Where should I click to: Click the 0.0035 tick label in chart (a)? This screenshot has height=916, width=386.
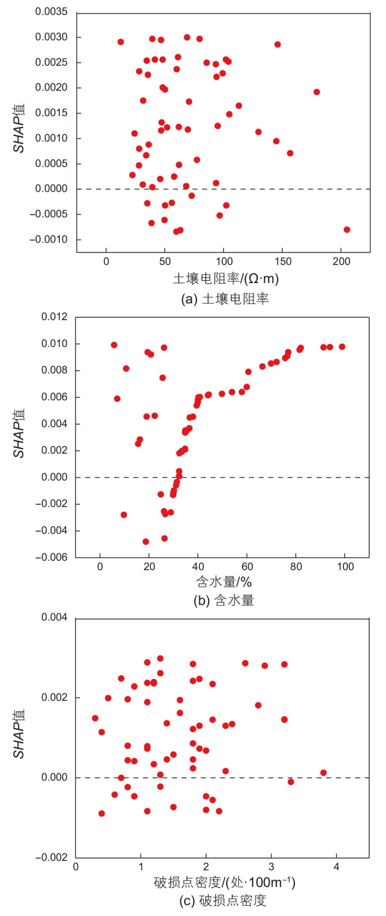click(51, 12)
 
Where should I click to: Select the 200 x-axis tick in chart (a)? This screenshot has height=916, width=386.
click(341, 261)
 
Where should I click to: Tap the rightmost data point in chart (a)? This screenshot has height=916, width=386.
click(347, 230)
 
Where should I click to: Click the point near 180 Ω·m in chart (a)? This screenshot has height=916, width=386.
click(317, 92)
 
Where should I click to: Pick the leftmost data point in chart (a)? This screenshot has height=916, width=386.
click(121, 42)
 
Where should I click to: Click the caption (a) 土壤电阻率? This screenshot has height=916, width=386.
click(225, 299)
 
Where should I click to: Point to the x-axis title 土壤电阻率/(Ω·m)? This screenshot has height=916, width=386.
click(226, 279)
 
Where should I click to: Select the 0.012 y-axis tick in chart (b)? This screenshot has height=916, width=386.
click(54, 317)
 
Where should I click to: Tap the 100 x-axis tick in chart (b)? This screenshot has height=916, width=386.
click(345, 567)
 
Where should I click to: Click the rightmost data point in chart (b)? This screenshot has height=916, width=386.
click(342, 347)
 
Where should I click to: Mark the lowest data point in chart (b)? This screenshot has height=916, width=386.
click(146, 542)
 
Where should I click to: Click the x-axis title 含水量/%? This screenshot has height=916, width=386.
click(224, 581)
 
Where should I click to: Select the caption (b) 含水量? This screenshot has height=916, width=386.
click(224, 601)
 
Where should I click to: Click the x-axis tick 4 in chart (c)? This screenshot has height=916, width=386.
click(337, 867)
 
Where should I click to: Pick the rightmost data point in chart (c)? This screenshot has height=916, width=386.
click(324, 772)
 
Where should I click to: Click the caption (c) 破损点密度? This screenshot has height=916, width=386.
click(223, 901)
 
